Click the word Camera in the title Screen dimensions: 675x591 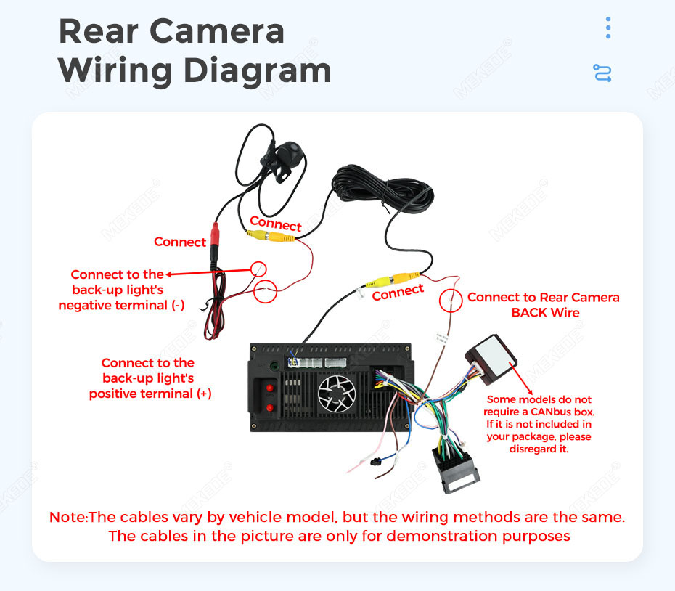click(x=217, y=31)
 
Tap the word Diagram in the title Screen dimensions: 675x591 click(x=258, y=70)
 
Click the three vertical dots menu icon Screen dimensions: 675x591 click(x=607, y=28)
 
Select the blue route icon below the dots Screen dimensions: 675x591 click(x=602, y=73)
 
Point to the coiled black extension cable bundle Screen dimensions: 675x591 click(x=382, y=189)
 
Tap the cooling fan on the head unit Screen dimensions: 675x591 click(x=337, y=394)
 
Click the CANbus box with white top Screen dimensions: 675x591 click(x=491, y=359)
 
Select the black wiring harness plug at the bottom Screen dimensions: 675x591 click(x=456, y=470)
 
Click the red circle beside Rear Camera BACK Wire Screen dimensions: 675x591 click(x=451, y=301)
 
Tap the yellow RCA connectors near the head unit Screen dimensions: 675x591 click(x=392, y=280)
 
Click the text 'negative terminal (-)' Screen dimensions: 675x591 click(x=121, y=306)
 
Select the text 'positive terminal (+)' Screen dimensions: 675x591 click(x=150, y=394)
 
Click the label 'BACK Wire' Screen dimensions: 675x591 click(x=545, y=313)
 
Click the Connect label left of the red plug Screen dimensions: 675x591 click(x=180, y=242)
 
